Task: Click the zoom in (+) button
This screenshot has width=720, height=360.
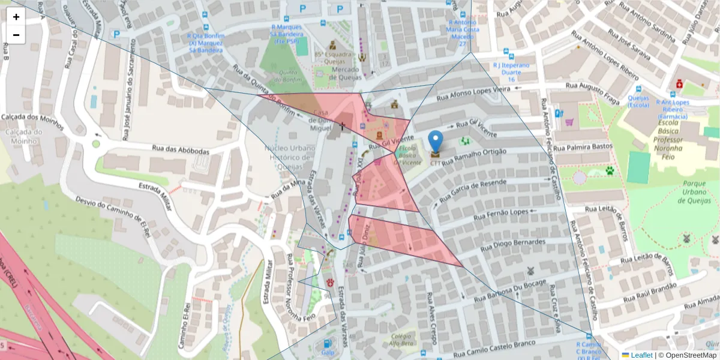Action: pyautogui.click(x=16, y=17)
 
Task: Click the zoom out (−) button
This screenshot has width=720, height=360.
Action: pyautogui.click(x=16, y=35)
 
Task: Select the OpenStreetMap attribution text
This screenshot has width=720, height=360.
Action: pyautogui.click(x=687, y=355)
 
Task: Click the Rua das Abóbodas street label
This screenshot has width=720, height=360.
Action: pyautogui.click(x=181, y=149)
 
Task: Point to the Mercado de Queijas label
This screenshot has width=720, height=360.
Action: pyautogui.click(x=337, y=70)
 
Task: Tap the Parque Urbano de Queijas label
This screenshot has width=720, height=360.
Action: pyautogui.click(x=685, y=192)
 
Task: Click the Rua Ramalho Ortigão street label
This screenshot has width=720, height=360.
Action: pyautogui.click(x=474, y=158)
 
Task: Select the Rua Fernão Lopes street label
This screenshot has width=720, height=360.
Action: pyautogui.click(x=501, y=214)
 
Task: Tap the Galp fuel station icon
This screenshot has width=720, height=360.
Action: pyautogui.click(x=328, y=344)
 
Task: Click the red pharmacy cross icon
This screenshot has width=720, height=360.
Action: pyautogui.click(x=679, y=85)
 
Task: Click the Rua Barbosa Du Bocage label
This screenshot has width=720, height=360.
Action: pyautogui.click(x=509, y=290)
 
